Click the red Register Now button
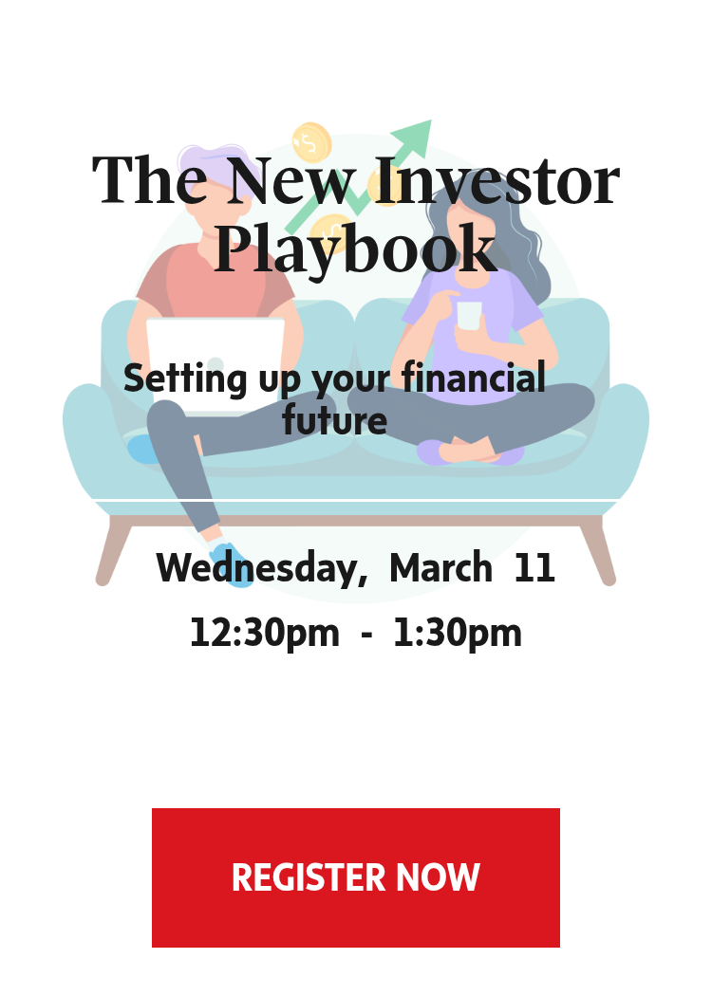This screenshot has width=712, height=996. coord(355,877)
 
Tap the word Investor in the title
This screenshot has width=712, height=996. coord(497,181)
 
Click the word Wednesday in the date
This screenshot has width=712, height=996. coord(262,568)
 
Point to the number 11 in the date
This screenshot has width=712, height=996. coord(534,567)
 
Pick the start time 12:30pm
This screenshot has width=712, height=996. coord(265,634)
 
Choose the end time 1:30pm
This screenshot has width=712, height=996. coord(458,634)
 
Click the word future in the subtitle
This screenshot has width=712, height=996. coord(334,420)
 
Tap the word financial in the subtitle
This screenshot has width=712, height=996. coord(474,378)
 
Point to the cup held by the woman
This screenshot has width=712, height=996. coord(469,316)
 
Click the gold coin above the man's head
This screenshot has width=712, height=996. coord(311,141)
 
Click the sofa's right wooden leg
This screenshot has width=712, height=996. coord(598,550)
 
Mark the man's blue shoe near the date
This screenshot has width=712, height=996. coord(231,564)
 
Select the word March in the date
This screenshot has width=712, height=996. coord(440,567)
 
